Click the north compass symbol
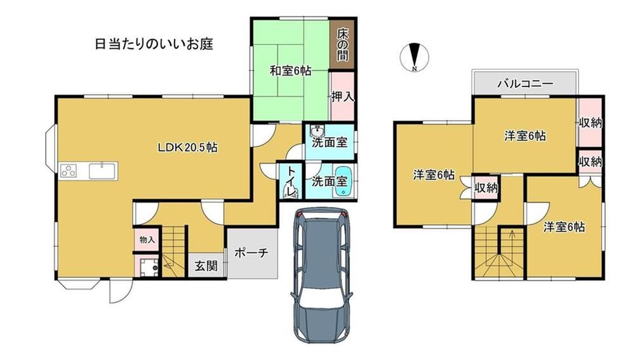tap(414, 57)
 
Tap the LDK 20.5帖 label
tap(187, 147)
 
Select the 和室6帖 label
tap(290, 71)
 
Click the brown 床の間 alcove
tap(342, 44)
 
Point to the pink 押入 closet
tap(342, 96)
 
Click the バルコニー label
tap(525, 84)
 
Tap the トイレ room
tap(291, 181)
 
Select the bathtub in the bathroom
tap(344, 182)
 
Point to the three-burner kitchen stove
tap(69, 171)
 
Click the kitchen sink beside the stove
tap(102, 171)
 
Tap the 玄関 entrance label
tap(206, 266)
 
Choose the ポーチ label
tap(251, 253)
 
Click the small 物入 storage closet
tap(147, 240)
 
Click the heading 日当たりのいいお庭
tap(154, 44)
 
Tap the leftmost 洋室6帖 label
tap(433, 175)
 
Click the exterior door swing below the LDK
tap(121, 291)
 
